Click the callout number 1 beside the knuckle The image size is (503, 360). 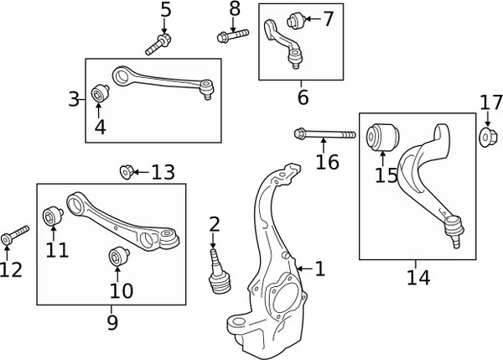tap(319, 269)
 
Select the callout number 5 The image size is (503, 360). tap(165, 11)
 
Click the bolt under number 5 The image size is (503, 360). tap(159, 44)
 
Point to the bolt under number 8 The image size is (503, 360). tap(232, 35)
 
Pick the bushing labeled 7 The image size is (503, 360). tap(295, 18)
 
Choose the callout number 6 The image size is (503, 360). tap(302, 98)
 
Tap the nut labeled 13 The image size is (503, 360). tap(127, 172)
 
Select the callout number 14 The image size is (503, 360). tap(417, 275)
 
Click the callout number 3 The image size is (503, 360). tap(74, 101)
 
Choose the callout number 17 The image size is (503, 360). tap(490, 104)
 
